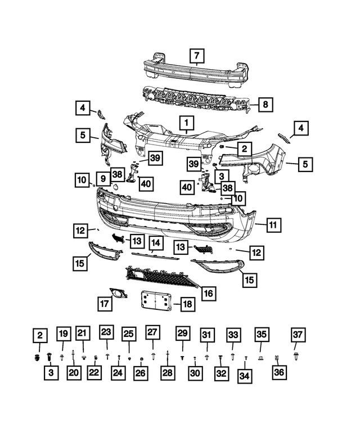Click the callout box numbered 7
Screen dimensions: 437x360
point(196,56)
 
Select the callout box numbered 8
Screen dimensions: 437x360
point(266,104)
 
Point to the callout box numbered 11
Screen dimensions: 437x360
point(273,225)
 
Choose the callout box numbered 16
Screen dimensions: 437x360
point(208,293)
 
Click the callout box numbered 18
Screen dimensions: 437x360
point(187,305)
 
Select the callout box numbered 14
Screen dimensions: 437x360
point(156,243)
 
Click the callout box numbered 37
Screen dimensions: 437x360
point(298,335)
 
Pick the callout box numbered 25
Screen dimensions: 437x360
point(128,334)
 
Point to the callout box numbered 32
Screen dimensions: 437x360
point(220,373)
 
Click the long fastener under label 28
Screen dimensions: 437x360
point(168,355)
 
